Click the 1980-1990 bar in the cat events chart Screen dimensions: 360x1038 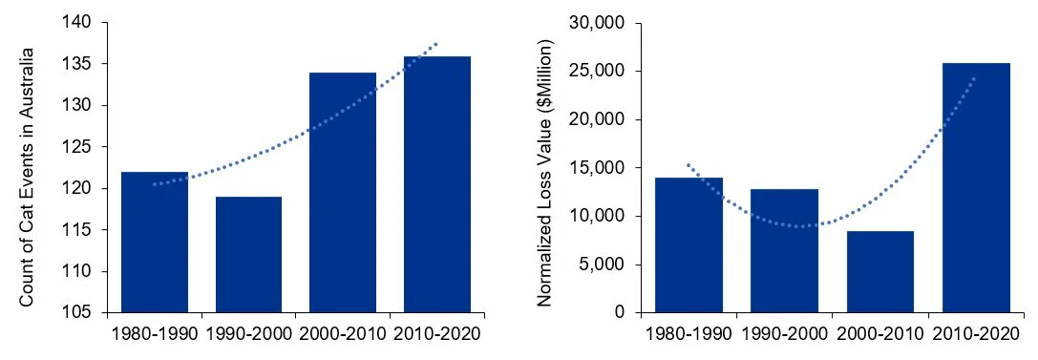pyautogui.click(x=155, y=243)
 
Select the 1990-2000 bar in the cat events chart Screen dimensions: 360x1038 pyautogui.click(x=248, y=255)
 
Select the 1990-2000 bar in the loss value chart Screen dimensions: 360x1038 pyautogui.click(x=784, y=251)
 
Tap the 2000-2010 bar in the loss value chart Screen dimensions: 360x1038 pyautogui.click(x=879, y=272)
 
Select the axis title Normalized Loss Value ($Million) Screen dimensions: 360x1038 pyautogui.click(x=545, y=173)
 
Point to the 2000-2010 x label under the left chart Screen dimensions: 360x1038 pyautogui.click(x=343, y=335)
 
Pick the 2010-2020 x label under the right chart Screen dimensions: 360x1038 pyautogui.click(x=976, y=335)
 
